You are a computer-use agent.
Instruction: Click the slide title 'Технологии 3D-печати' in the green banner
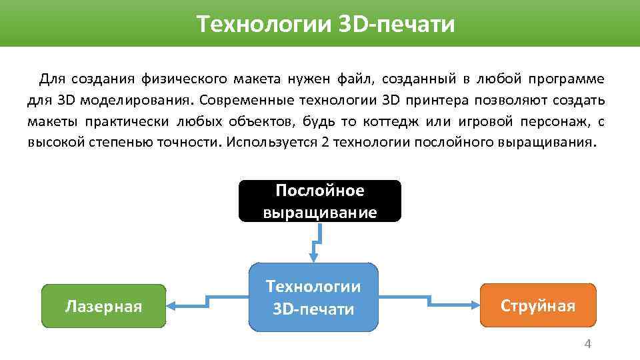coord(326,25)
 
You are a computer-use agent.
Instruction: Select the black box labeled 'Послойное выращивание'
coord(320,201)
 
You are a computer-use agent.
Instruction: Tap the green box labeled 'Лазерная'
coord(103,306)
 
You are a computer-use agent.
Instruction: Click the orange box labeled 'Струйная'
coord(537,306)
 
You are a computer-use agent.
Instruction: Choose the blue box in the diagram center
coord(313,297)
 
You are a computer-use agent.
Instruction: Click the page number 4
coord(587,344)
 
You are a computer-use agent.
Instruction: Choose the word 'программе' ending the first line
coord(567,80)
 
